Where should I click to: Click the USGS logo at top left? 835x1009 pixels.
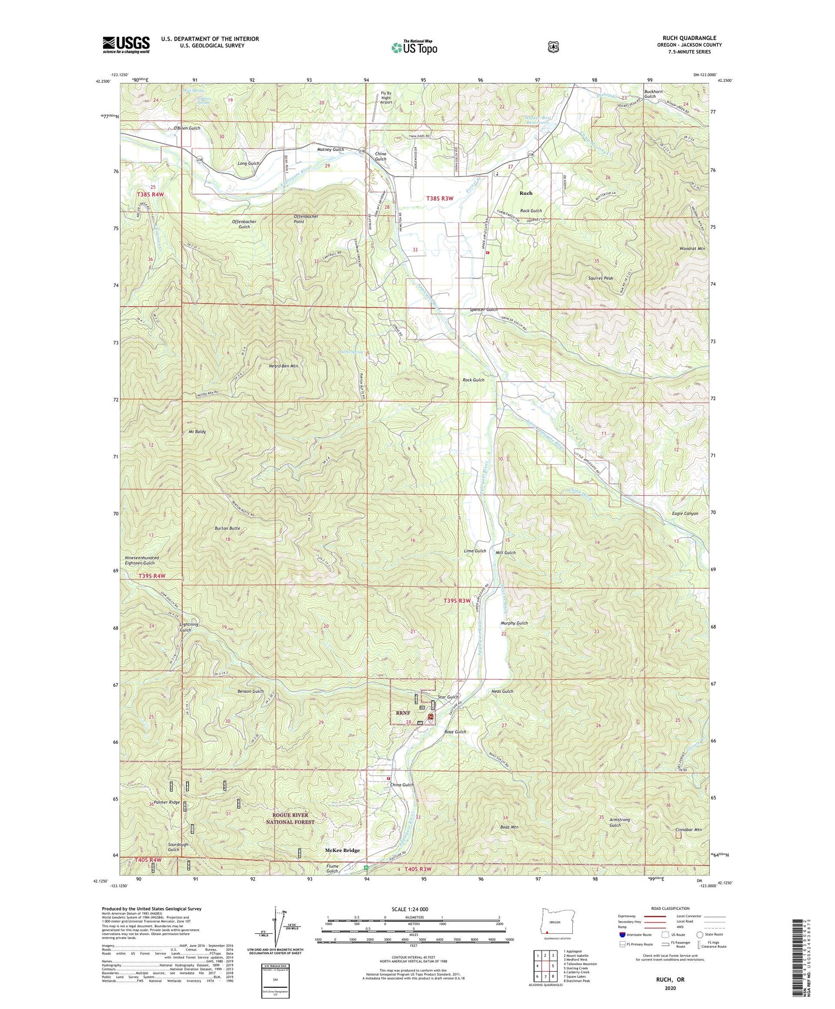click(x=126, y=45)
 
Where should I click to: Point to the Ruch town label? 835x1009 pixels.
click(x=525, y=193)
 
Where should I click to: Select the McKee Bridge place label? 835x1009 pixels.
click(x=342, y=850)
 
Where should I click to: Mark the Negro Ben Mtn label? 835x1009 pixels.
click(x=283, y=366)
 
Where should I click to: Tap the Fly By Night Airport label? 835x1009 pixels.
click(x=386, y=97)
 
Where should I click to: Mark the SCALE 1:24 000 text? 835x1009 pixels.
click(x=413, y=909)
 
